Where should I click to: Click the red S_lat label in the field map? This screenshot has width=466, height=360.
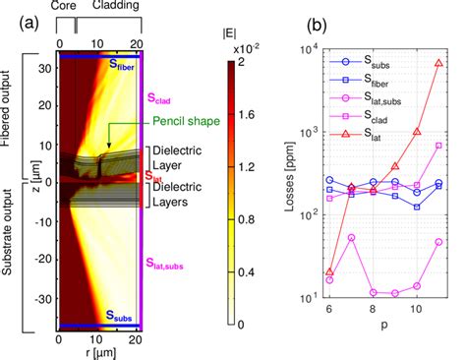154,176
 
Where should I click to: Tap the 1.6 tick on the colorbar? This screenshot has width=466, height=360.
251,114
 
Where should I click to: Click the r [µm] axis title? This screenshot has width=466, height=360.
101,352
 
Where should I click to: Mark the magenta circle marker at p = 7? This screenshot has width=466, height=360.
351,237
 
